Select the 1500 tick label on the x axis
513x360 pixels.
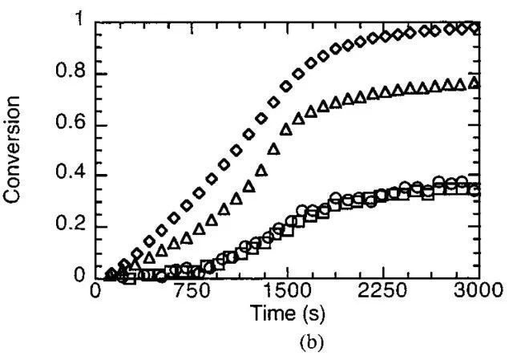point(286,290)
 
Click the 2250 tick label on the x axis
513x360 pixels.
point(382,290)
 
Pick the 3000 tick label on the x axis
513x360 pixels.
point(477,290)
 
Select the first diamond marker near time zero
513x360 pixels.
point(111,274)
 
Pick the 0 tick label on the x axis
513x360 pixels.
point(95,290)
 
